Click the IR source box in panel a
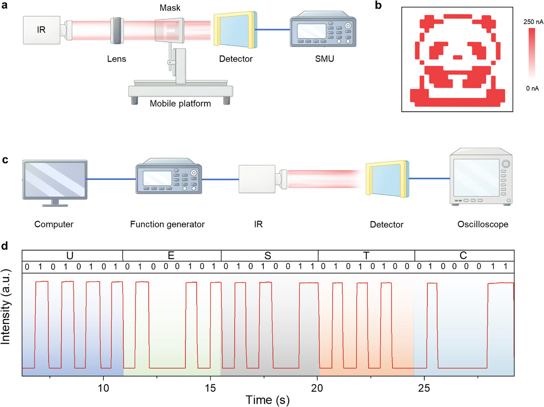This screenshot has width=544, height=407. [41, 30]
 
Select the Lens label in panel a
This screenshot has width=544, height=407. [117, 59]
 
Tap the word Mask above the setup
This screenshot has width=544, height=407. [170, 8]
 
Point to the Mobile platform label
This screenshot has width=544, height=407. [180, 103]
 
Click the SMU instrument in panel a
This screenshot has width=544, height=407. [323, 31]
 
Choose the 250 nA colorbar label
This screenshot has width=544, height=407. [533, 22]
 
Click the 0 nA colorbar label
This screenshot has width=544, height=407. [532, 88]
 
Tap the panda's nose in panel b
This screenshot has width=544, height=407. [458, 57]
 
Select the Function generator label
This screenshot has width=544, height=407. [167, 224]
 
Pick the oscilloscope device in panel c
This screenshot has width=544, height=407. [481, 177]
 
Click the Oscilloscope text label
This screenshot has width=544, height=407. [483, 224]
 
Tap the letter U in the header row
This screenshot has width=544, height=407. [70, 255]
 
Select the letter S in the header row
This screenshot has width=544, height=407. [268, 255]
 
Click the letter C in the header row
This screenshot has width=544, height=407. [463, 255]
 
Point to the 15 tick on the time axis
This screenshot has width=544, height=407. [210, 388]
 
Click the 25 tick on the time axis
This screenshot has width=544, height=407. [424, 388]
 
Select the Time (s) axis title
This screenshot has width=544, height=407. [267, 399]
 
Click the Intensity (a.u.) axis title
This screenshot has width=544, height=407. [6, 306]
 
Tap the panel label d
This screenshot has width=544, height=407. [5, 246]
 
